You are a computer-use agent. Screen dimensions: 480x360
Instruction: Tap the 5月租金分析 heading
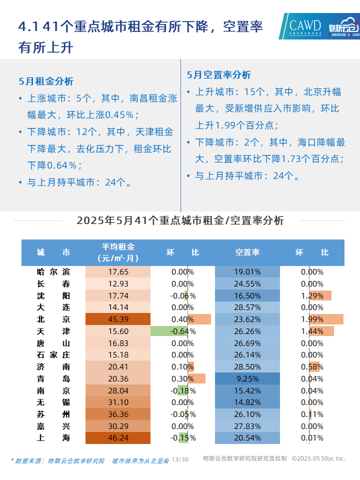coord(46,81)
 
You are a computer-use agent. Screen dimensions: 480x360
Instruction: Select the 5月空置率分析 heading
coord(219,75)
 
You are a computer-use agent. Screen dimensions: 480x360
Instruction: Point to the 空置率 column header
coord(247,252)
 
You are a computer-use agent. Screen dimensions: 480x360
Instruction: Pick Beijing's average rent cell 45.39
coord(118,319)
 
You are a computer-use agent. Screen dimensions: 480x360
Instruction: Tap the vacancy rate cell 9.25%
coord(247,378)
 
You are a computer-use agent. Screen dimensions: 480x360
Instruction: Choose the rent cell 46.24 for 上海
coord(118,438)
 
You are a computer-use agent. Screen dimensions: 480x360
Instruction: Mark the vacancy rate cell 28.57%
coord(247,307)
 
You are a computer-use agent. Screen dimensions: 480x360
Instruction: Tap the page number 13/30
coord(180,459)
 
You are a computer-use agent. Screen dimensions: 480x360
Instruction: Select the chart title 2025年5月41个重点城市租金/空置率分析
coord(180,220)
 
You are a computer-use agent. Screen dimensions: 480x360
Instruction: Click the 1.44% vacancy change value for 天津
coord(312,331)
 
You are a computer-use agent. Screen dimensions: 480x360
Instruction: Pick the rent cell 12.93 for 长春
coord(118,284)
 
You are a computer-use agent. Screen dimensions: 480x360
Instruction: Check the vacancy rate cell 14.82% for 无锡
coord(247,402)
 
